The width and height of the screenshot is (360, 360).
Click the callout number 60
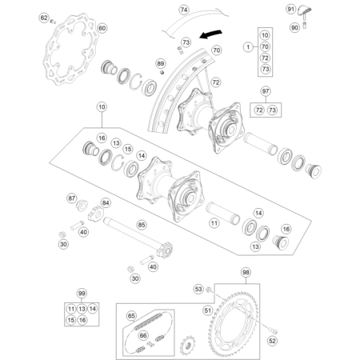102,28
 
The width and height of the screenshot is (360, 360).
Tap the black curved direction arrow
210,34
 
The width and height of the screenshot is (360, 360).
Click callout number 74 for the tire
184,10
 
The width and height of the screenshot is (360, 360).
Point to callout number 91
290,9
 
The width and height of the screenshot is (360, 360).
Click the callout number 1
248,47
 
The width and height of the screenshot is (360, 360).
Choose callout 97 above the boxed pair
266,91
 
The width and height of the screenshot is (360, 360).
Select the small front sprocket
187,345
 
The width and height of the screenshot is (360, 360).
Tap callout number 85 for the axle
142,225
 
